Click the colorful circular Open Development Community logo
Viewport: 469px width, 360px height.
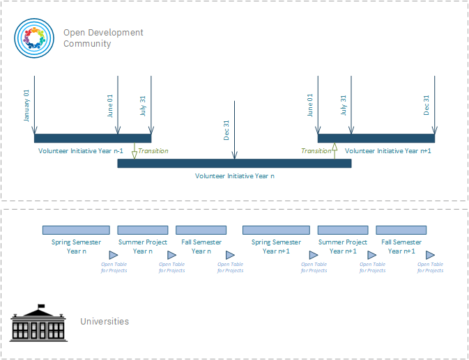tap(34, 38)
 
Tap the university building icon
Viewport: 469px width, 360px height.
tap(38, 322)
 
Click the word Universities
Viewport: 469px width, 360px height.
tap(105, 322)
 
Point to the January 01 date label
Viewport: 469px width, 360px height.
tap(26, 105)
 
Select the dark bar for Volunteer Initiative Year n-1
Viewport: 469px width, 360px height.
tap(93, 138)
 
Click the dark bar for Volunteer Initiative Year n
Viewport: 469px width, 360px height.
tap(234, 164)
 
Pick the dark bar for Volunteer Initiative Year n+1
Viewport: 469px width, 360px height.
tap(376, 138)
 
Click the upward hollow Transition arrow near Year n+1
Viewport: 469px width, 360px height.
tap(335, 151)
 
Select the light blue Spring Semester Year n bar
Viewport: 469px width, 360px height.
tap(76, 230)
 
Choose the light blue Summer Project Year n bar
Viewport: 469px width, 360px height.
tap(143, 230)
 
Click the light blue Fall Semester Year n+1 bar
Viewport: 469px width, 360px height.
tap(401, 230)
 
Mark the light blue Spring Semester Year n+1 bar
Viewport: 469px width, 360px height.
tap(276, 230)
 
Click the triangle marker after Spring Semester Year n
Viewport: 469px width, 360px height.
tap(114, 256)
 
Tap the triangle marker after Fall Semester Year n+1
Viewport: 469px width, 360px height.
tap(430, 256)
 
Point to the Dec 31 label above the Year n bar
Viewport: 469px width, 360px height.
tap(226, 130)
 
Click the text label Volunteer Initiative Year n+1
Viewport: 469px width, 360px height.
tap(388, 150)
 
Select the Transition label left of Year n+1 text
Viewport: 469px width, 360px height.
tap(316, 150)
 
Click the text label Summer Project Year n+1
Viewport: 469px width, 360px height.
tap(343, 246)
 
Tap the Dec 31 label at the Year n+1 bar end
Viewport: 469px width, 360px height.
tap(426, 105)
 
